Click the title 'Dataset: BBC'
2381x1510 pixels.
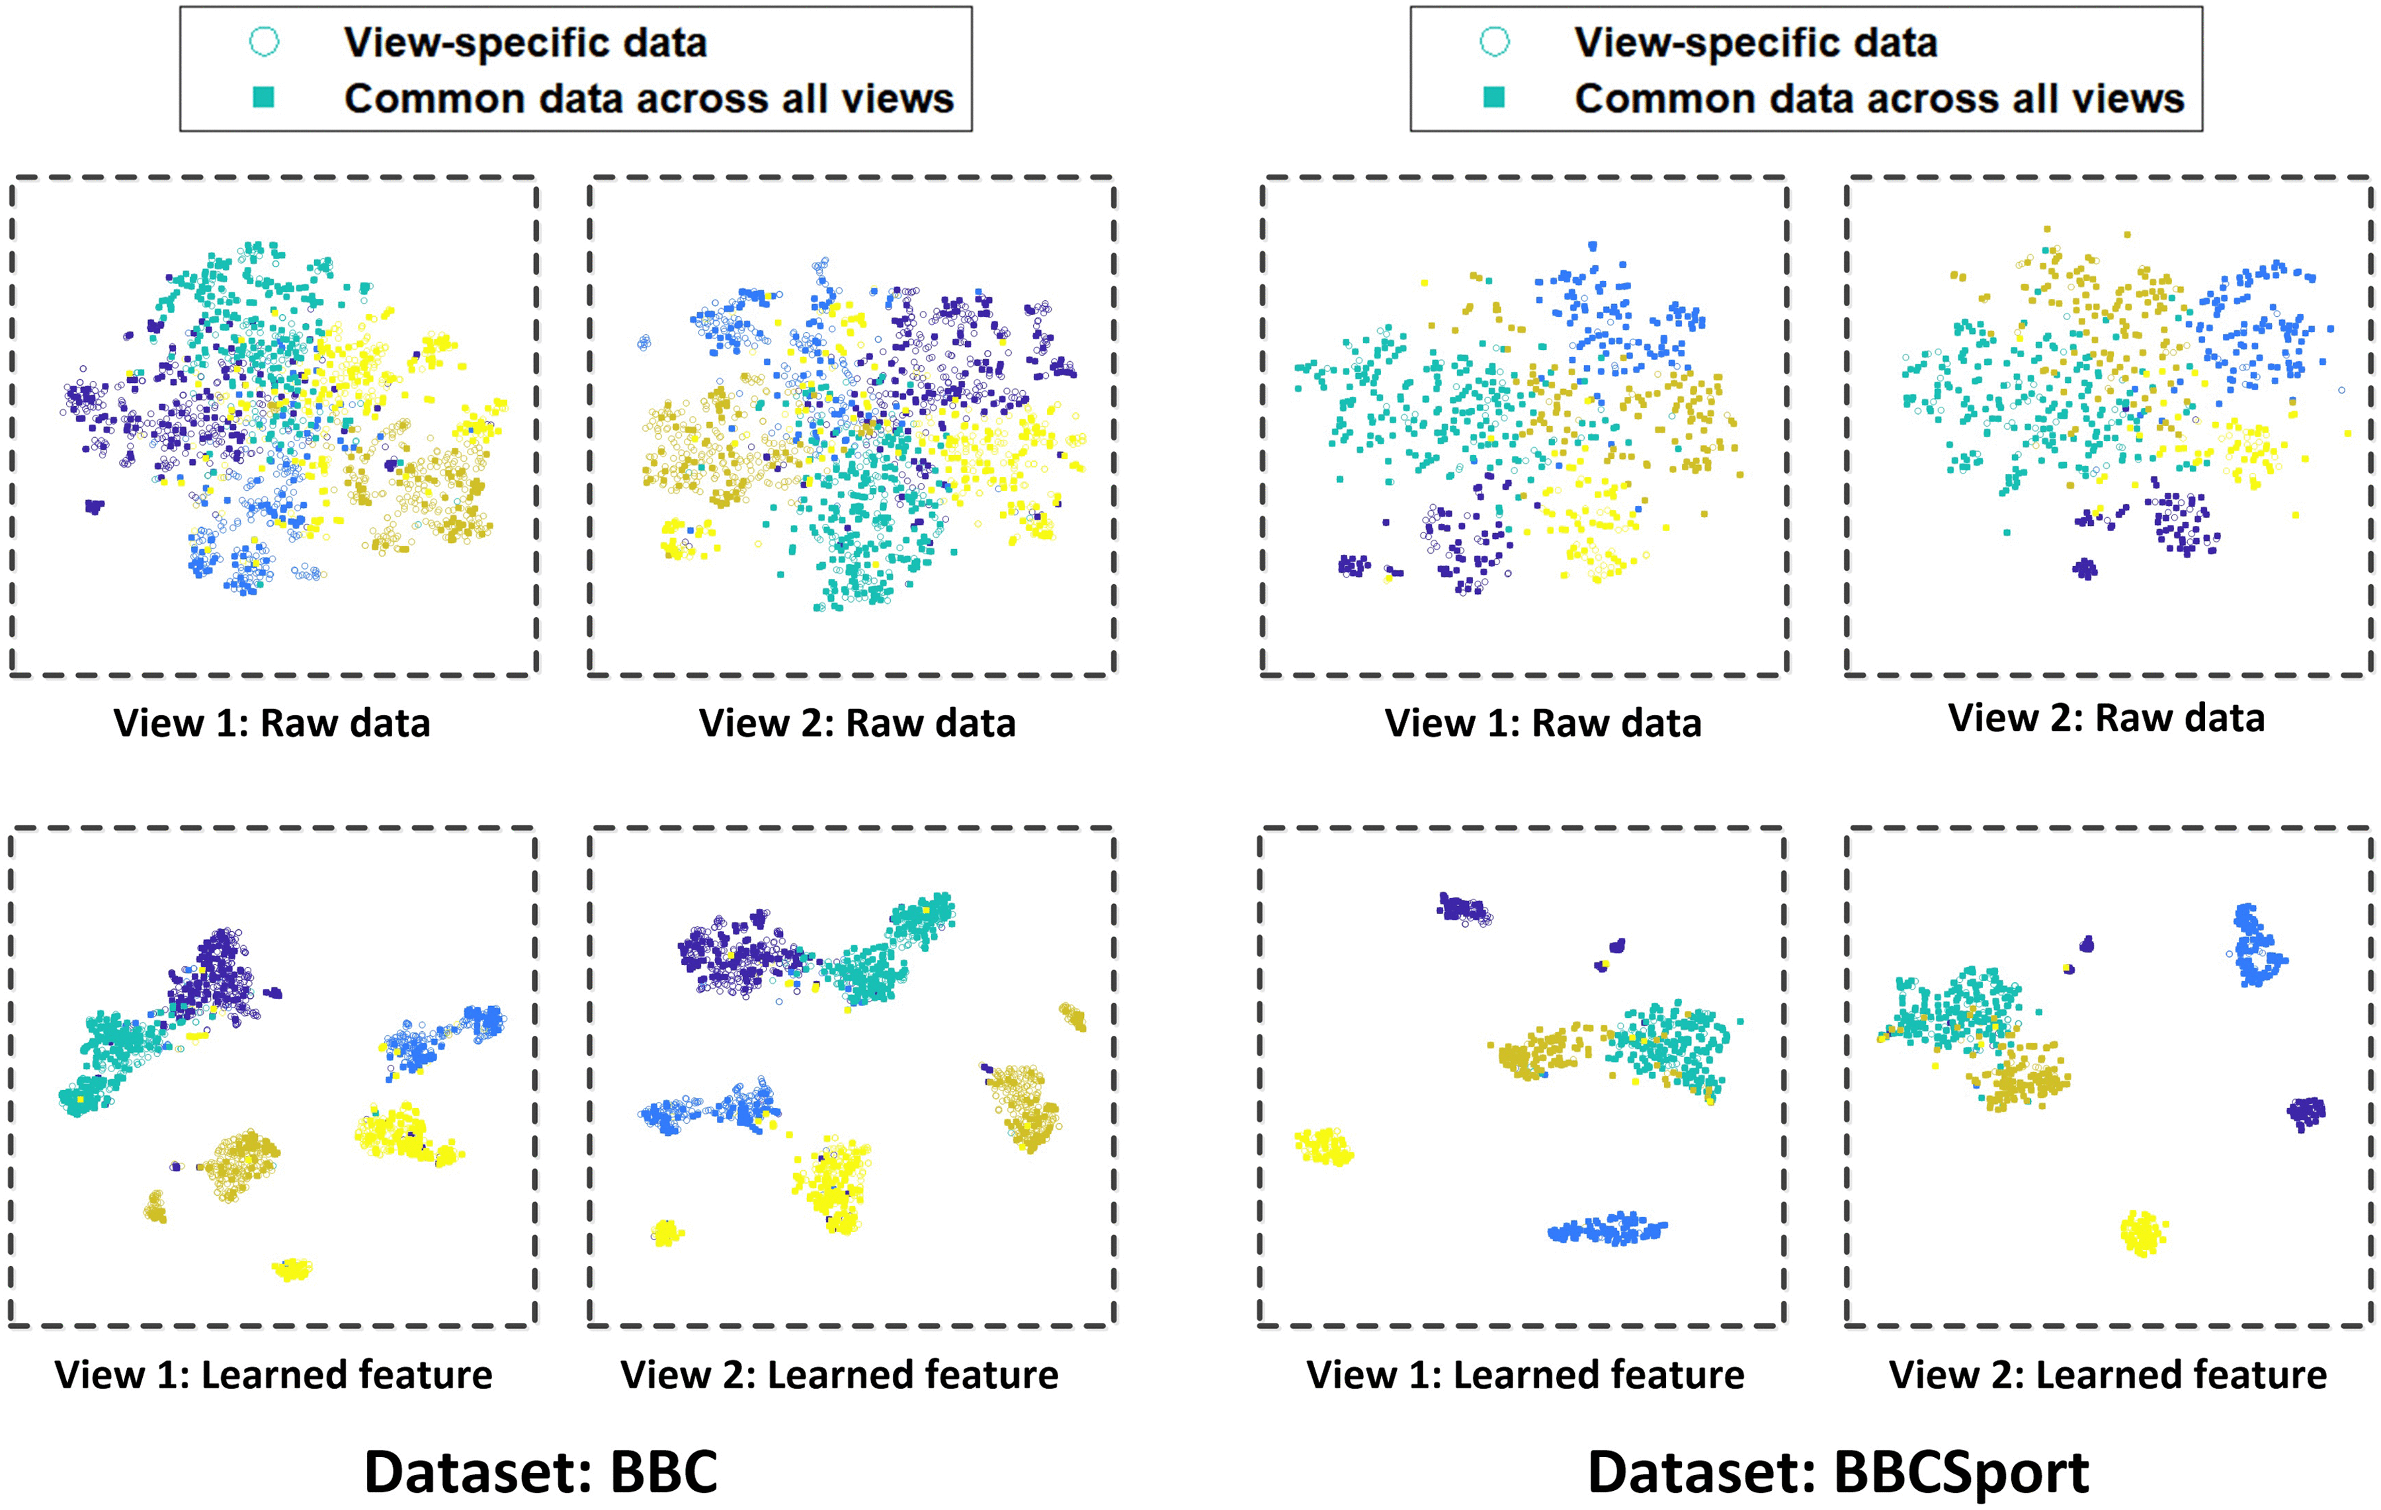tap(541, 1472)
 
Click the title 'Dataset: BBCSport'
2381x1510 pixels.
tap(1837, 1472)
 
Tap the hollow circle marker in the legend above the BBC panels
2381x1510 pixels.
tap(264, 42)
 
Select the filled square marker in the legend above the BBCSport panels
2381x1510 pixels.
tap(1494, 97)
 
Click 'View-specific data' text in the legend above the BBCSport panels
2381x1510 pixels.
tap(1755, 42)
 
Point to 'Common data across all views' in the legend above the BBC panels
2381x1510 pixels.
tap(649, 98)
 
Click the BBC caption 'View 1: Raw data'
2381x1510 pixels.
tap(272, 723)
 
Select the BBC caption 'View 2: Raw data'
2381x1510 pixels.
tap(857, 723)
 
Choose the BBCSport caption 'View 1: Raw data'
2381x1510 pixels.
tap(1542, 723)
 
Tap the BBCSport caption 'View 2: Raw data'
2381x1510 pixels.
tap(2106, 718)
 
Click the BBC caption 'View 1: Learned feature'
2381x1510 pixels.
tap(273, 1374)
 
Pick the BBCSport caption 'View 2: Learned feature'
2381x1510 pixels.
tap(2107, 1374)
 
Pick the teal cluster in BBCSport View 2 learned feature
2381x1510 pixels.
tap(1953, 1009)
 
